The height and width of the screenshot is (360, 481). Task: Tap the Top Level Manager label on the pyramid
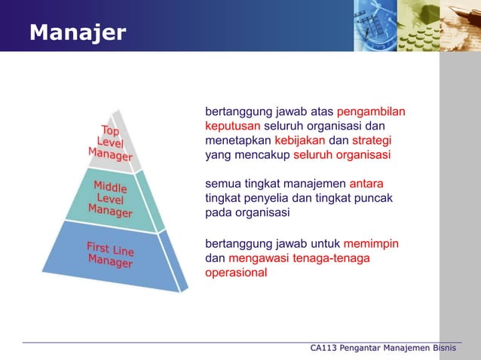110,142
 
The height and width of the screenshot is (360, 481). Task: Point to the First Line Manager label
110,255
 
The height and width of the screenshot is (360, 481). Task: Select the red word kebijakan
300,141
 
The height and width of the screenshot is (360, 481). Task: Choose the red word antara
366,183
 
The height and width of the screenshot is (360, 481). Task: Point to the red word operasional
235,273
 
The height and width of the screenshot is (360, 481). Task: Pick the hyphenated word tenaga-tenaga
334,258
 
